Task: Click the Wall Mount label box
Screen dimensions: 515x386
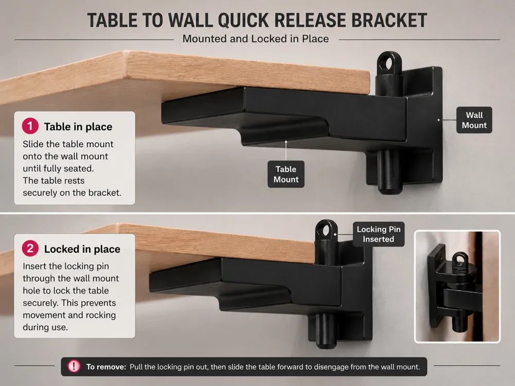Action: tap(474, 120)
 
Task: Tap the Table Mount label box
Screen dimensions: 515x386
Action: tap(286, 174)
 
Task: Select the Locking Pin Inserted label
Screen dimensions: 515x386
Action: tap(379, 234)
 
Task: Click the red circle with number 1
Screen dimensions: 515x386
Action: tap(30, 126)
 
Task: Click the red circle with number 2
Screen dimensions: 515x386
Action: tap(30, 249)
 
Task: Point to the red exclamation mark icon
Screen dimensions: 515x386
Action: tap(74, 366)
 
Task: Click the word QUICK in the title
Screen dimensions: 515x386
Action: tap(243, 21)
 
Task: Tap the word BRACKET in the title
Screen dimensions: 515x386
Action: tap(389, 21)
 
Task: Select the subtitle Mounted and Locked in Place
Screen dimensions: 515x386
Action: tap(255, 39)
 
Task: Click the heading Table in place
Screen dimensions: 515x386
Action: tap(78, 127)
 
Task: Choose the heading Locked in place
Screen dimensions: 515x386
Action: tap(82, 249)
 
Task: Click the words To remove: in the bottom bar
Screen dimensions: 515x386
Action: tap(106, 366)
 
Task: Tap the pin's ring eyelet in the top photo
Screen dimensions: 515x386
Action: tap(389, 63)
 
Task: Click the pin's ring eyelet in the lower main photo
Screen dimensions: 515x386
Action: tap(326, 230)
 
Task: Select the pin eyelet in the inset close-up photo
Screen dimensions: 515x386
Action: tap(460, 260)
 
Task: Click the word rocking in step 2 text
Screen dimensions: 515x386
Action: tap(101, 315)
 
